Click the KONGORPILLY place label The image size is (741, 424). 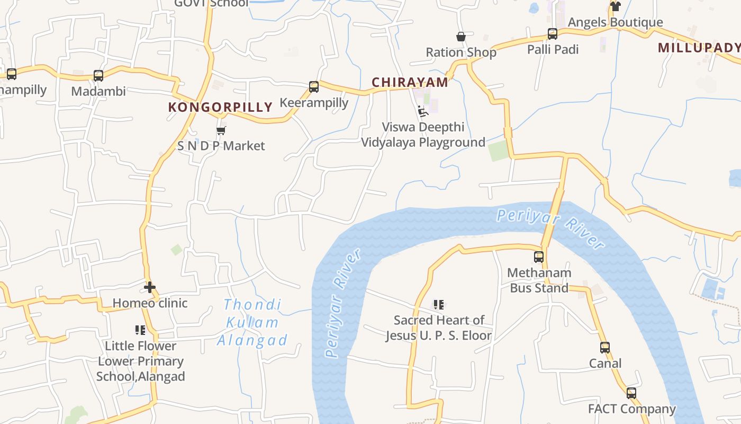pyautogui.click(x=220, y=107)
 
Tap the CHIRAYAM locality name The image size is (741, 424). pyautogui.click(x=410, y=82)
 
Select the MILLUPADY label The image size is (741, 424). pyautogui.click(x=699, y=48)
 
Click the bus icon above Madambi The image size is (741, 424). pyautogui.click(x=98, y=76)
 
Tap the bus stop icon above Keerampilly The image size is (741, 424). pyautogui.click(x=314, y=87)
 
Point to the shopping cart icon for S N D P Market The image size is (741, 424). pyautogui.click(x=221, y=130)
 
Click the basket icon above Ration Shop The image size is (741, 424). pyautogui.click(x=461, y=37)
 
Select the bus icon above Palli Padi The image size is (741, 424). pyautogui.click(x=553, y=34)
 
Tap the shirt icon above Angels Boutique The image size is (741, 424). pyautogui.click(x=615, y=6)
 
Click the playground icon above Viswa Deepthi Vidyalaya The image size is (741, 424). pyautogui.click(x=422, y=111)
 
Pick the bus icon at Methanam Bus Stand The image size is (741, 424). pyautogui.click(x=539, y=257)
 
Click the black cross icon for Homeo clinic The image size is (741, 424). pyautogui.click(x=150, y=287)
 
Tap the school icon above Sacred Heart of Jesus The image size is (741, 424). pyautogui.click(x=438, y=305)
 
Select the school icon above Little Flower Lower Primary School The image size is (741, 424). pyautogui.click(x=140, y=330)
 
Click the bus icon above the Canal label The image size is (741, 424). pyautogui.click(x=605, y=348)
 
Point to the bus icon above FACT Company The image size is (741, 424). pyautogui.click(x=631, y=393)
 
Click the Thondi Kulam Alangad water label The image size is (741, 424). pyautogui.click(x=252, y=322)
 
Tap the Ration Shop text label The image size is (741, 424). pyautogui.click(x=461, y=52)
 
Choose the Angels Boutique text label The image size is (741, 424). pyautogui.click(x=615, y=22)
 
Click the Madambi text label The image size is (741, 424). pyautogui.click(x=98, y=91)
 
